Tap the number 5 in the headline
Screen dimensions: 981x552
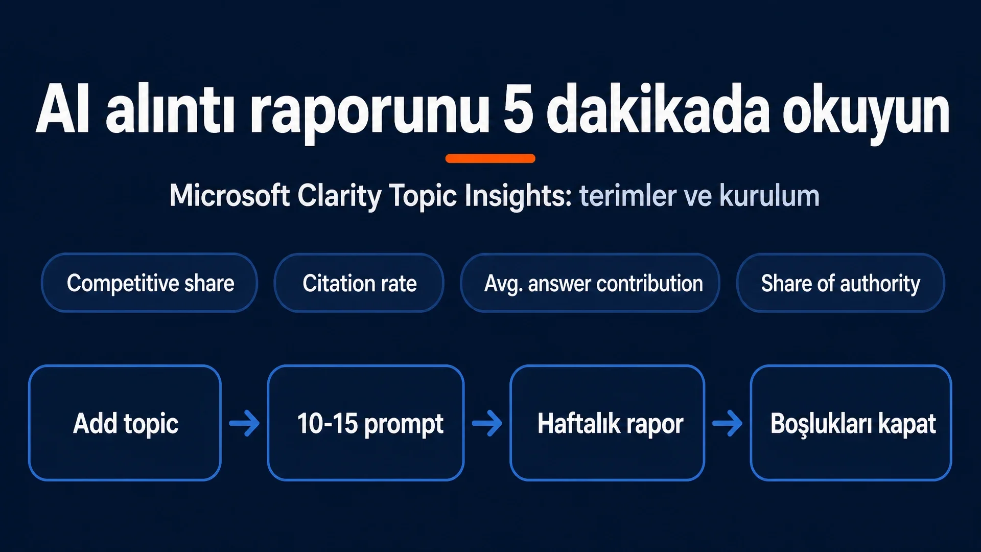518,109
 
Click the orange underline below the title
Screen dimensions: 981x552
491,158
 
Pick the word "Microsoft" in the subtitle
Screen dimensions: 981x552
230,195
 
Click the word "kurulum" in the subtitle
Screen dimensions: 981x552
769,195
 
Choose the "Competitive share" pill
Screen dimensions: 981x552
149,283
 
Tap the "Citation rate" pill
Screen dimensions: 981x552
359,283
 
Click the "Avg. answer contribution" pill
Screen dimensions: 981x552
590,283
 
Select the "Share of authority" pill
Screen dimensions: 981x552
840,283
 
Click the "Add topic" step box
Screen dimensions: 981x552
125,423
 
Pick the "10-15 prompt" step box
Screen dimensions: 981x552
366,423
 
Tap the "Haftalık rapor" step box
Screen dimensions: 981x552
607,423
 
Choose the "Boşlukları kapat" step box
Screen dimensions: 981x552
851,423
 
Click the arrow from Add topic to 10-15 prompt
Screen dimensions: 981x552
244,423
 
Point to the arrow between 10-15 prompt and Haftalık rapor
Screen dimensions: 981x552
487,423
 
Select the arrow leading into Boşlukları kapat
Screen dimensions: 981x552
728,423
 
